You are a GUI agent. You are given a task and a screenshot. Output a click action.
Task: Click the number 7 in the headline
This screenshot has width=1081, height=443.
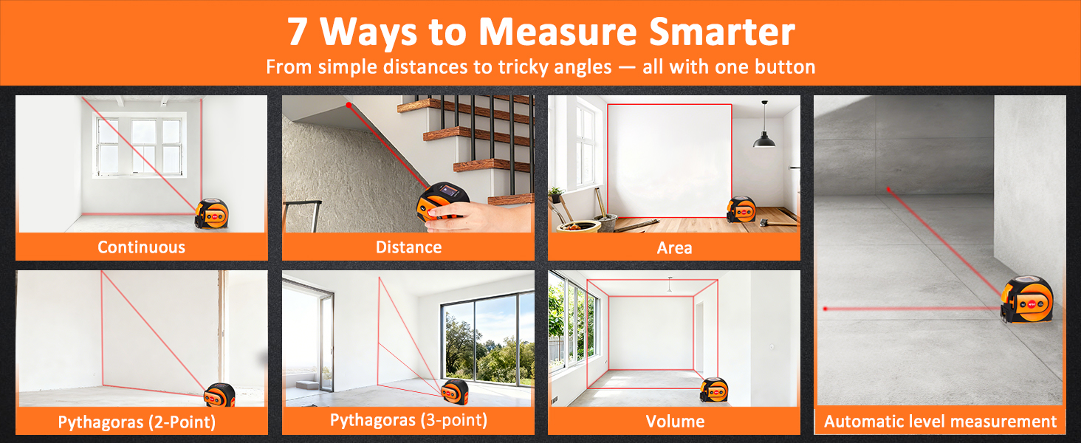[298, 32]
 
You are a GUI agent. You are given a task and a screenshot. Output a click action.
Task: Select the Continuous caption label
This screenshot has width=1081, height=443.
[141, 247]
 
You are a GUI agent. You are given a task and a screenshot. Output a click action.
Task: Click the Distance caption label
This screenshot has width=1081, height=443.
[408, 247]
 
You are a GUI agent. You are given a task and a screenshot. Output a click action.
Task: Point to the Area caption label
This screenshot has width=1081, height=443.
[674, 247]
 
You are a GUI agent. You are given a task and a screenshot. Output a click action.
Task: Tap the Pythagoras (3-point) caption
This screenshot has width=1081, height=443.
[408, 420]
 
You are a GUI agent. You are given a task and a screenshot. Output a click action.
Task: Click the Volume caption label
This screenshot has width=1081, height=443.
[674, 422]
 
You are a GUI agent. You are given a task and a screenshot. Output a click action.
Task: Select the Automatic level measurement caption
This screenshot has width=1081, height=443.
[940, 422]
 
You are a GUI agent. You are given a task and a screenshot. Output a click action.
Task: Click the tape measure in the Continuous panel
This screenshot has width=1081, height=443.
[212, 213]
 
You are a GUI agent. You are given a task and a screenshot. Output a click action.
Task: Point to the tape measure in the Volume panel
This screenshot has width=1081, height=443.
[713, 390]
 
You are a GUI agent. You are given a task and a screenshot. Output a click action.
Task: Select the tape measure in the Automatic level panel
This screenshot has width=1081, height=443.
[1026, 302]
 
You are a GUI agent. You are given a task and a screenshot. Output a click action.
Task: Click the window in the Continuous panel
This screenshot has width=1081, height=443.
[139, 146]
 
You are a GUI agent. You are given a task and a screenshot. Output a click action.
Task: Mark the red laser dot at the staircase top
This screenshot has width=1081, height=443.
[349, 105]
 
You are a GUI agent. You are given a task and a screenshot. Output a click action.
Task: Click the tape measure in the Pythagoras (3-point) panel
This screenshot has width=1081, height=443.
[455, 391]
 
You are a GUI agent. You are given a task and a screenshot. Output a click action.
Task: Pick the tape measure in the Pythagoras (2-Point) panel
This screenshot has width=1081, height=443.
[219, 394]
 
